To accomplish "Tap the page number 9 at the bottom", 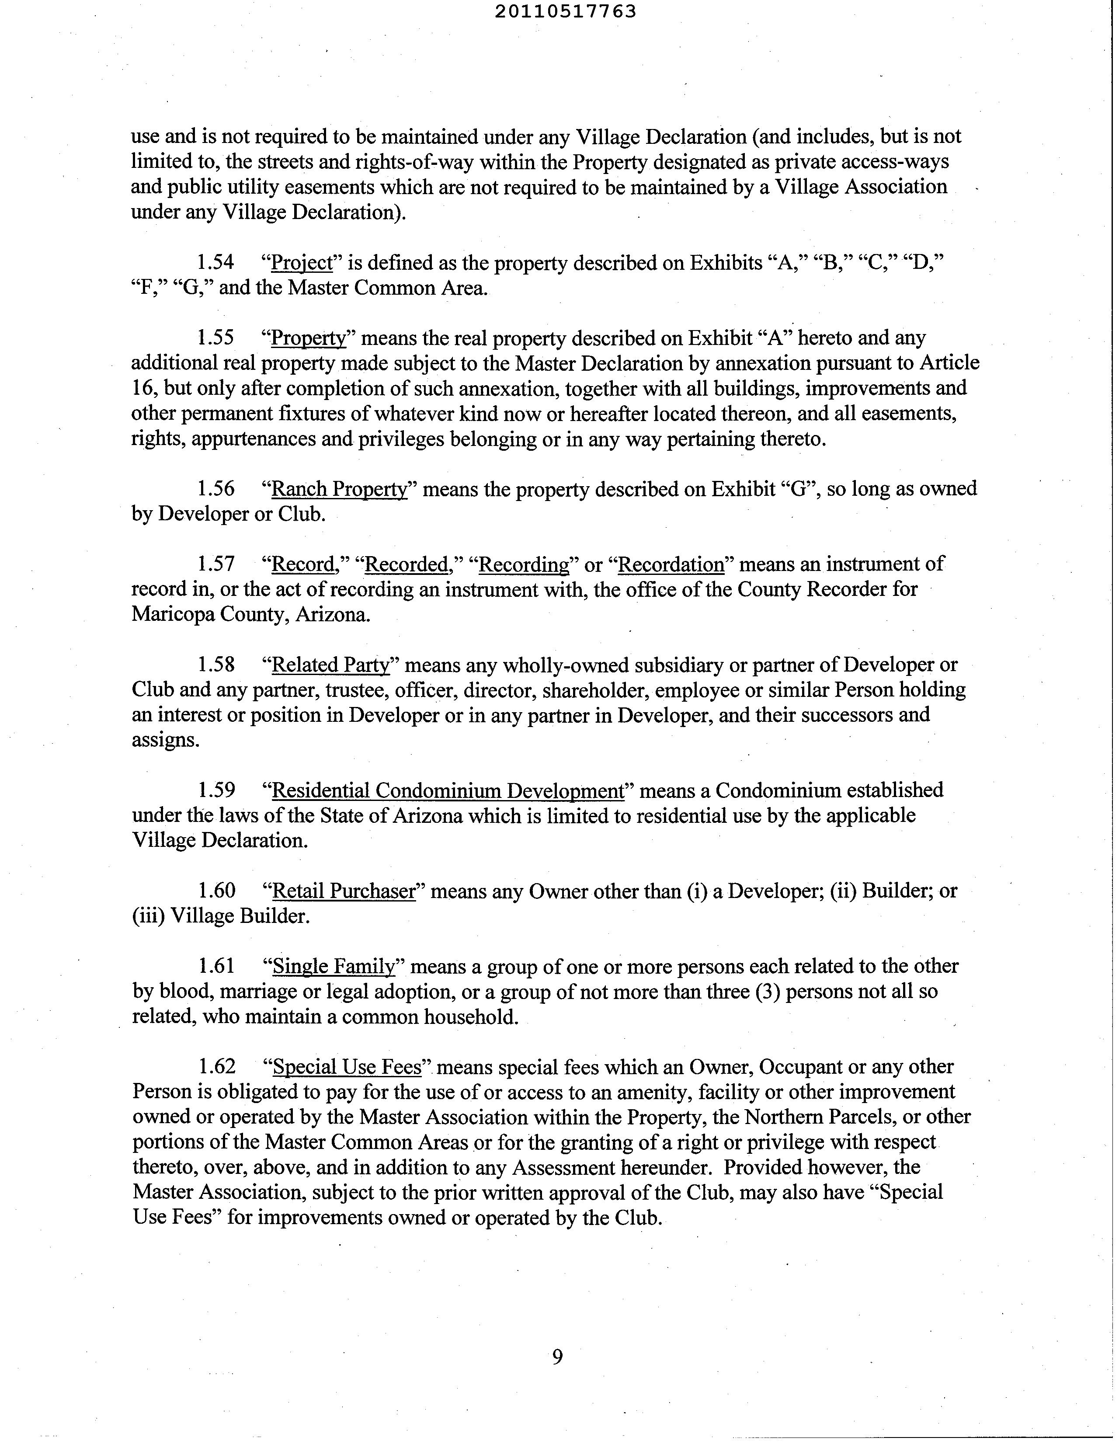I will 557,1357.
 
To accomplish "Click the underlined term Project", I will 302,263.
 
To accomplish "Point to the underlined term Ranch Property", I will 339,489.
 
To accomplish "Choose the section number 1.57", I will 216,564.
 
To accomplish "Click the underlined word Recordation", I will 671,564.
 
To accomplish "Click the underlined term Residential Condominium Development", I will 448,790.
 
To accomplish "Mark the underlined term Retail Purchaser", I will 344,891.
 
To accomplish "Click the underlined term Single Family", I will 334,966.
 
